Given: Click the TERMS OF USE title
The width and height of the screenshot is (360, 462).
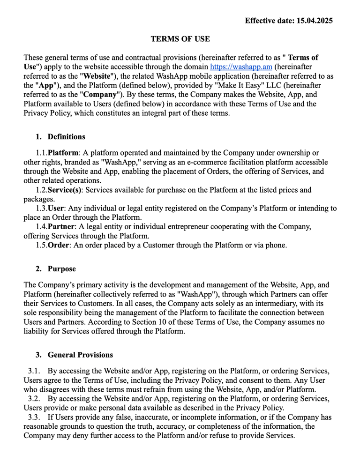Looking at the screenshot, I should pos(180,39).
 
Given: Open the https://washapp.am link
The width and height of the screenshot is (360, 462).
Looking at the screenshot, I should pos(241,67).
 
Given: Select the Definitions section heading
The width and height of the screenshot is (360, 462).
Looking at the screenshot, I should pos(66,137).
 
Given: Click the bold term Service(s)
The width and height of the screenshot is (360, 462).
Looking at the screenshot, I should pos(65,190).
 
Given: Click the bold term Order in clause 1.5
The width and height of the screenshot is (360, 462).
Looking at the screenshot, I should pos(58,245).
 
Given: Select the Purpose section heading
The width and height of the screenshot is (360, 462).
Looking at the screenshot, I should pos(61,269).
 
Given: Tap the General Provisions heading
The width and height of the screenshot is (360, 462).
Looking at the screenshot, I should pos(80,355).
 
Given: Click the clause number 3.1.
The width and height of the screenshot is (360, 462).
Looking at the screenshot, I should pos(34,371).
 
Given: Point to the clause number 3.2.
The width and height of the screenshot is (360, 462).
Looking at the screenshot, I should pos(34,398).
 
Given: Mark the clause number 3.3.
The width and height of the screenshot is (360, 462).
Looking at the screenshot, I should pos(34,417).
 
